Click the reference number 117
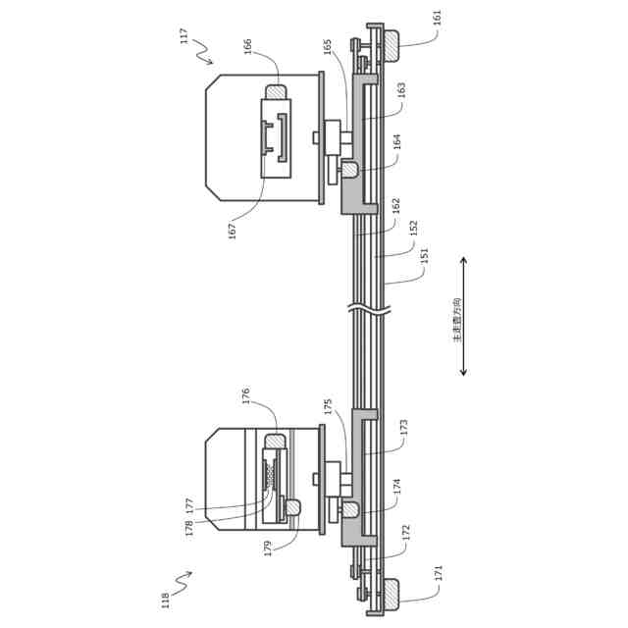point(183,36)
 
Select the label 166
point(247,47)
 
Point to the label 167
point(233,231)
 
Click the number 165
point(328,46)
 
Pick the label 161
point(437,18)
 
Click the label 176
point(246,395)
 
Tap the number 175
point(328,405)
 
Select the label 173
point(402,428)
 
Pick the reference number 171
point(438,572)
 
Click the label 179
point(268,549)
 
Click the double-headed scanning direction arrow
point(464,317)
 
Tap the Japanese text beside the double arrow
point(455,320)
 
